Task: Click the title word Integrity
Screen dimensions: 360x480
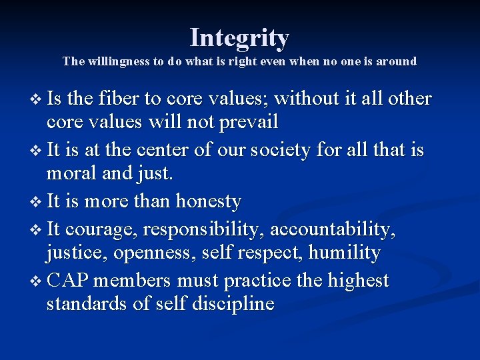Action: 239,38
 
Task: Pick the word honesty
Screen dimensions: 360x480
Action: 208,201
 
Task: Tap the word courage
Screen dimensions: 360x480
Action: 103,229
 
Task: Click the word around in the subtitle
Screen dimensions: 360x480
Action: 395,62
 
